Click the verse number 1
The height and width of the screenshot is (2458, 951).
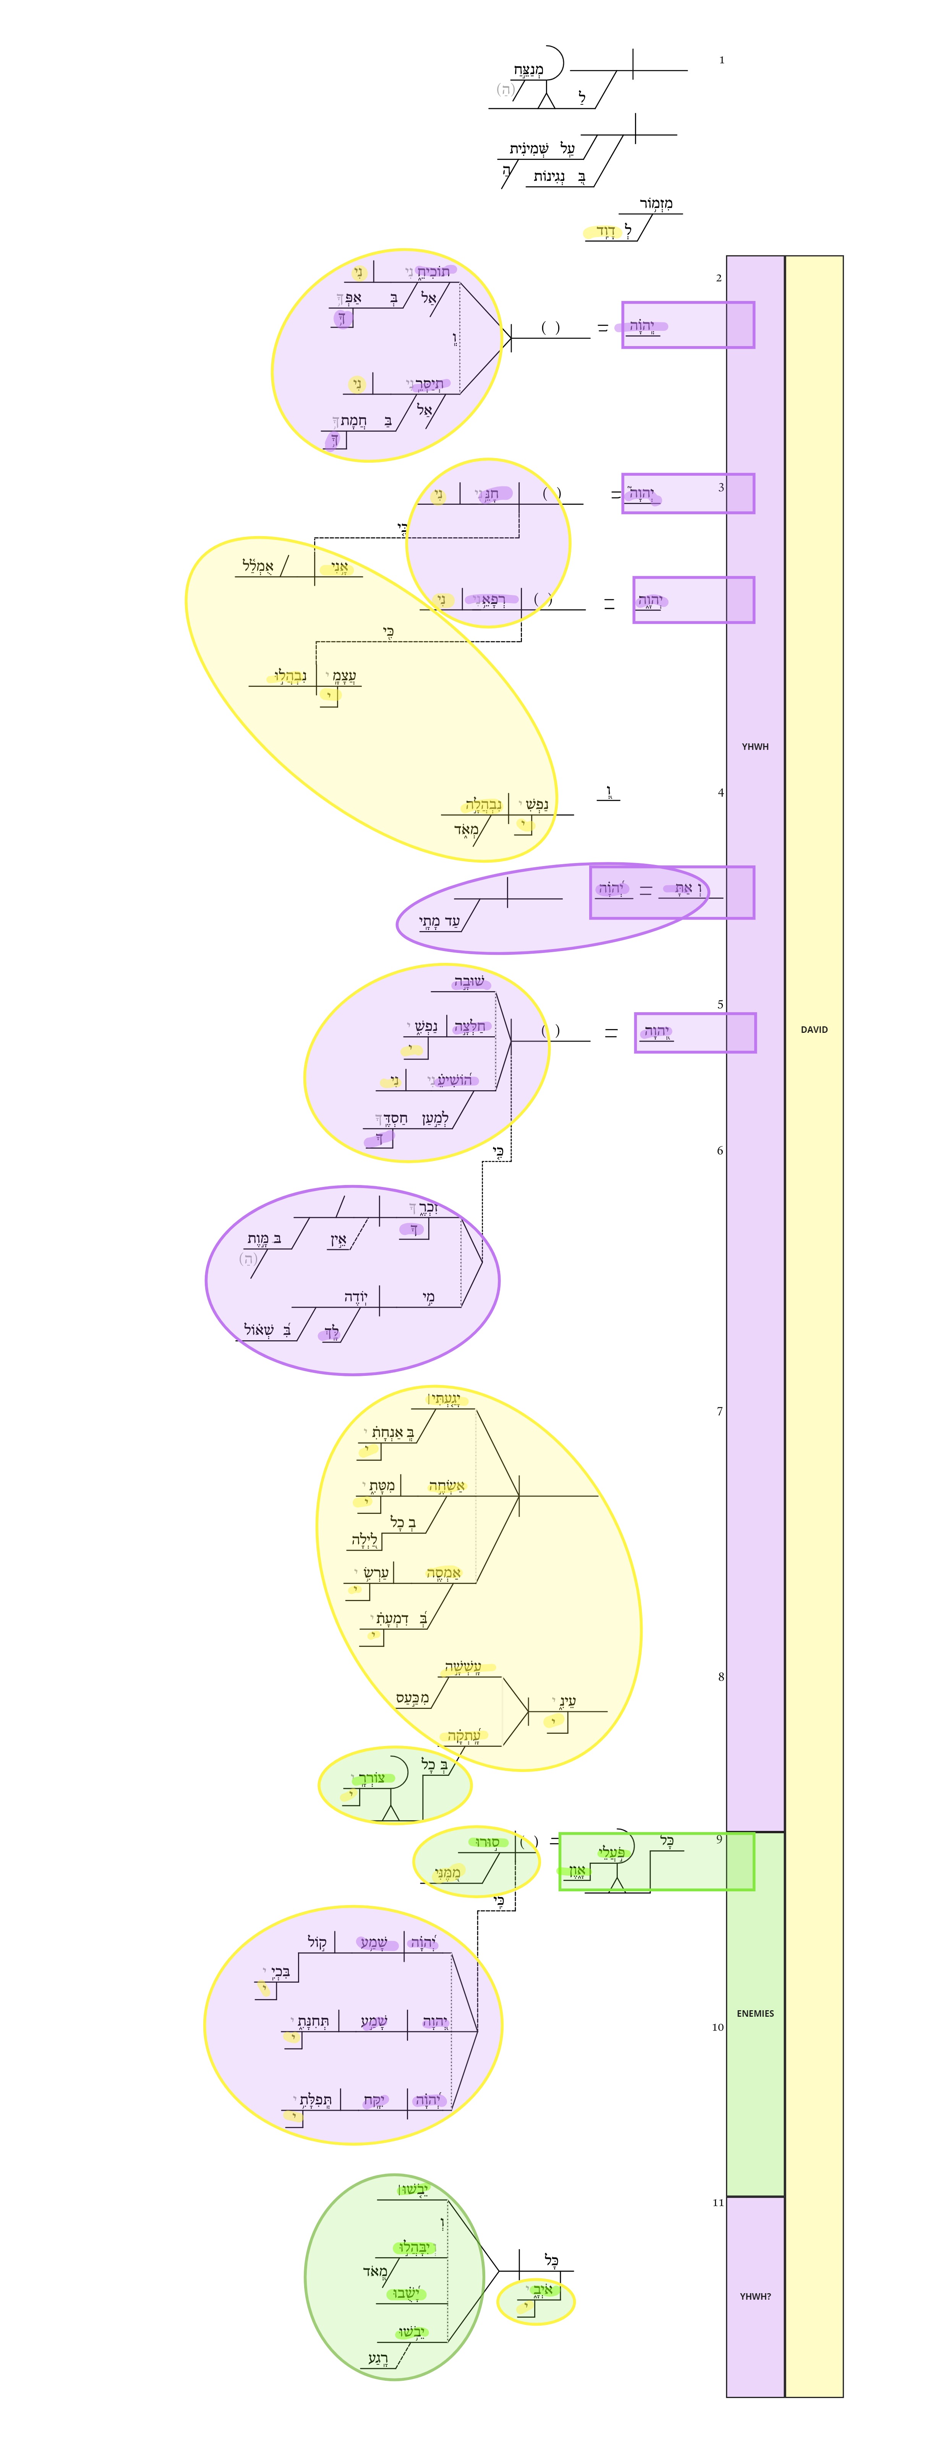[x=721, y=60]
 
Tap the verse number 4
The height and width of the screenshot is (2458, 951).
[x=720, y=792]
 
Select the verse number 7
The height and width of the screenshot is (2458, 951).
[x=719, y=1411]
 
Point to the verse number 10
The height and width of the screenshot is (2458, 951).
[x=717, y=2027]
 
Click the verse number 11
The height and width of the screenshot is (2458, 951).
[x=717, y=2202]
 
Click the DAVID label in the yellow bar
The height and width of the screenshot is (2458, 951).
[x=814, y=1029]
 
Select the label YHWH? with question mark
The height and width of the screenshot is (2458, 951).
[x=755, y=2297]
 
